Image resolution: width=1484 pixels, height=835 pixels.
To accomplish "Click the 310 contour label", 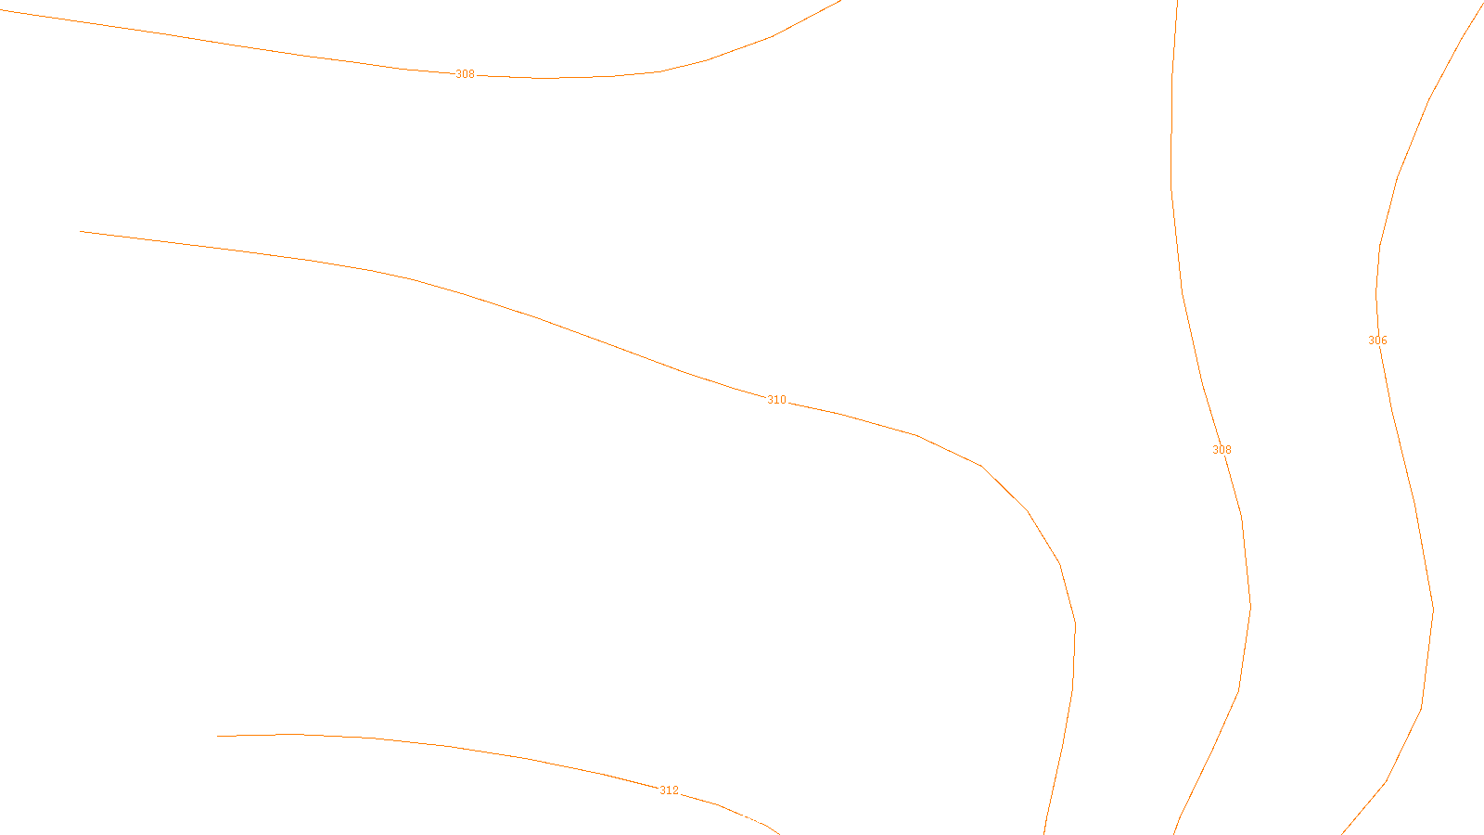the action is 776,400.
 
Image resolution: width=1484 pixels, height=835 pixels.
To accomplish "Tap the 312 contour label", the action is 669,790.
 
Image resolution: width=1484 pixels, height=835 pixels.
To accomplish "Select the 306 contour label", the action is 1377,340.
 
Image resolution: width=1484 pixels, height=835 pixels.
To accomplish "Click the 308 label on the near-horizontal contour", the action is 465,74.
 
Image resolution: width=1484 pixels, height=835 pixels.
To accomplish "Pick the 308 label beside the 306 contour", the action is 1222,450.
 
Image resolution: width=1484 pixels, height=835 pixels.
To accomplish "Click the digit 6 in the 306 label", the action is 1384,340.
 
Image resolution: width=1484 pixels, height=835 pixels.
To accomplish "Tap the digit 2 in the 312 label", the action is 675,790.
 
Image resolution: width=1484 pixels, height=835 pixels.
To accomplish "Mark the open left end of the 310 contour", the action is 82,231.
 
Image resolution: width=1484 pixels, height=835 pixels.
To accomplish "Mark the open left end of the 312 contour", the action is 218,736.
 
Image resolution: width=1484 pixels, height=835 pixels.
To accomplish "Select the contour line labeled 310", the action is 538,318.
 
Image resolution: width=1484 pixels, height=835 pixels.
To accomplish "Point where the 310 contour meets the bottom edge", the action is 1044,832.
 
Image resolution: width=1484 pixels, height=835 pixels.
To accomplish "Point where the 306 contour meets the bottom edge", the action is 1343,832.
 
